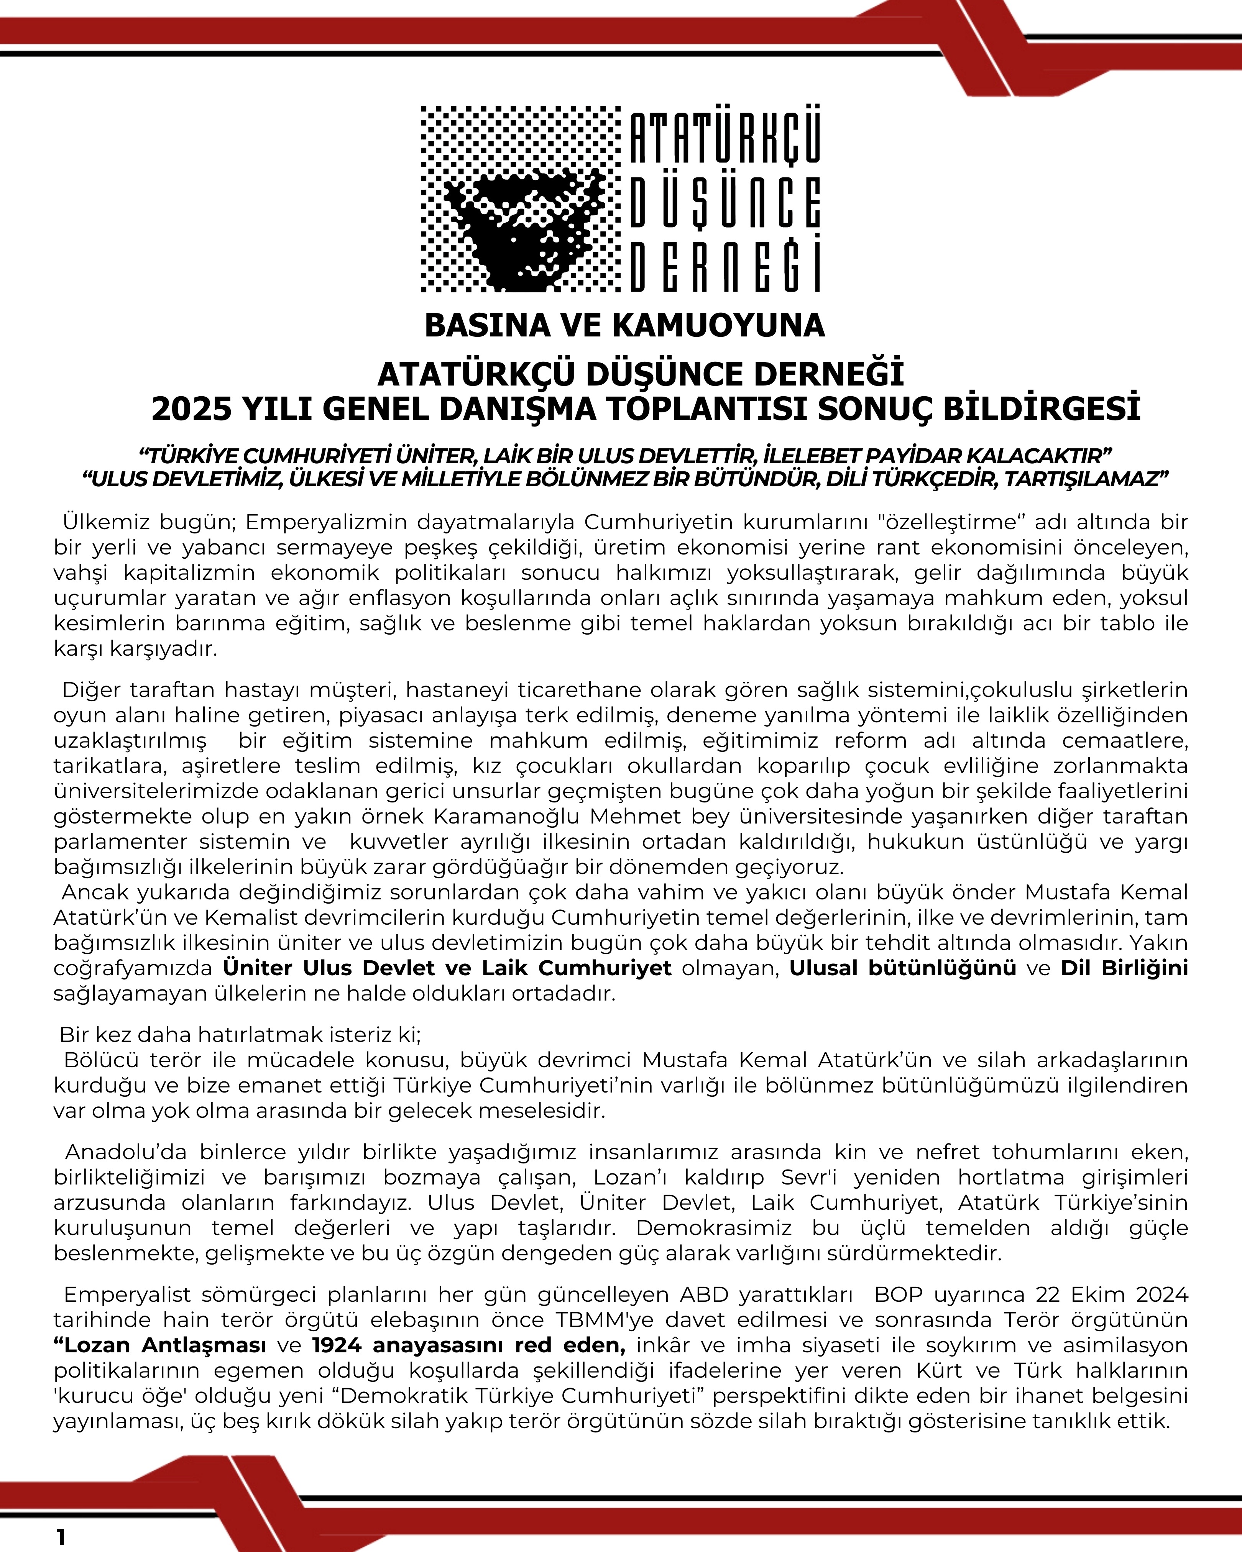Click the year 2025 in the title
[192, 409]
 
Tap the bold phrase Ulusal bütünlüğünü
[902, 968]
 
